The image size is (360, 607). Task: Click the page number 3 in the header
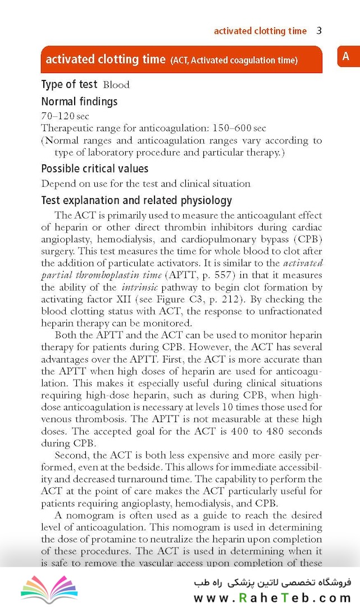[x=319, y=31]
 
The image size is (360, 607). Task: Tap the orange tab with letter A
[x=346, y=56]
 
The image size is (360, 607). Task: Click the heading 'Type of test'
[x=69, y=84]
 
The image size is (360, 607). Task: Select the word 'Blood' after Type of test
[x=116, y=85]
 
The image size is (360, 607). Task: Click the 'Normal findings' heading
[x=79, y=102]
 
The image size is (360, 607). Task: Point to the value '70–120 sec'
[x=65, y=116]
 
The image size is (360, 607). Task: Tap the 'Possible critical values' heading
[x=95, y=169]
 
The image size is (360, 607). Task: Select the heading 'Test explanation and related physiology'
[x=136, y=201]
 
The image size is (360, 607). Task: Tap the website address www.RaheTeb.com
[x=272, y=597]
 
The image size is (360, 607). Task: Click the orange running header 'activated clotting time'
[x=260, y=31]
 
